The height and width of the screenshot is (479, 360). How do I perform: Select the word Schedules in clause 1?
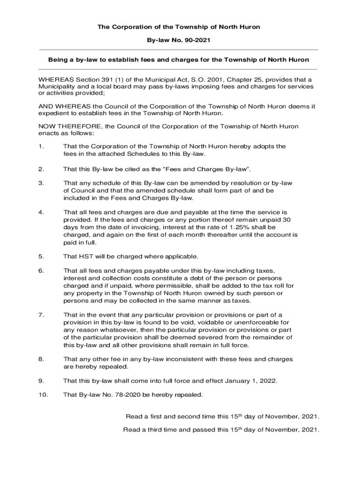pyautogui.click(x=127, y=154)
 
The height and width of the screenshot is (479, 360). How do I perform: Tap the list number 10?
pyautogui.click(x=43, y=395)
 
